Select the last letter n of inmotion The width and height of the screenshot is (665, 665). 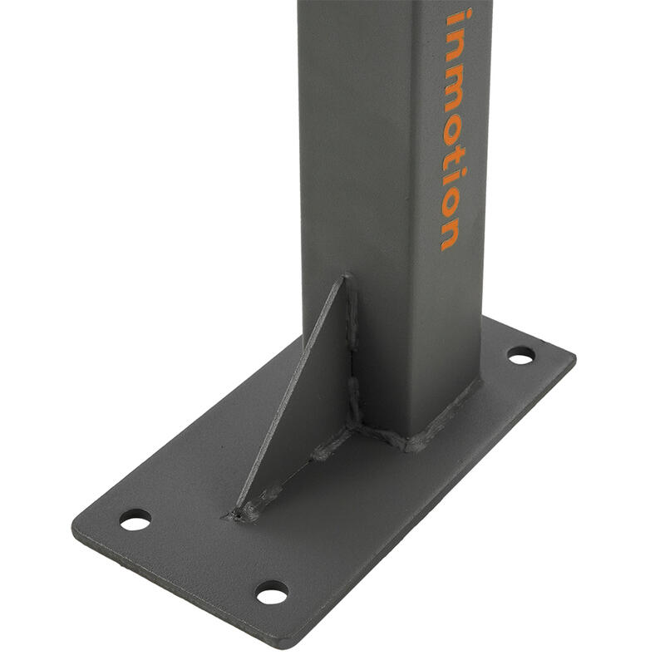450,234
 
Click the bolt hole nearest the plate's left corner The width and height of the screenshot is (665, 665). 135,520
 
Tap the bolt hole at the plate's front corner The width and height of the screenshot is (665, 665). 273,593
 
